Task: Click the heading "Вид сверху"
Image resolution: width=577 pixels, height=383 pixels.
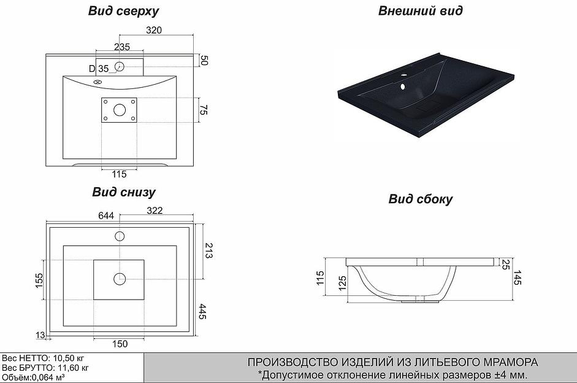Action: pos(124,11)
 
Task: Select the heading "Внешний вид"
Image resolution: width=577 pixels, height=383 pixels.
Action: pos(420,10)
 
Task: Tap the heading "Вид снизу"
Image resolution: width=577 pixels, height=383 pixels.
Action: pos(124,192)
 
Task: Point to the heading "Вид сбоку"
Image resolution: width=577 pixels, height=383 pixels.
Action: pos(420,199)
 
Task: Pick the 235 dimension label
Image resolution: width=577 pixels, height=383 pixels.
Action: pos(121,47)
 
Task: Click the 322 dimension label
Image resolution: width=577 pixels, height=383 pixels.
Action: pos(155,211)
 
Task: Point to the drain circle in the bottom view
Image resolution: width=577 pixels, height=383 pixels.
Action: pos(119,279)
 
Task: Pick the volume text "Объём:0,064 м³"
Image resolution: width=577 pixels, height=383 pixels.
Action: pos(33,377)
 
